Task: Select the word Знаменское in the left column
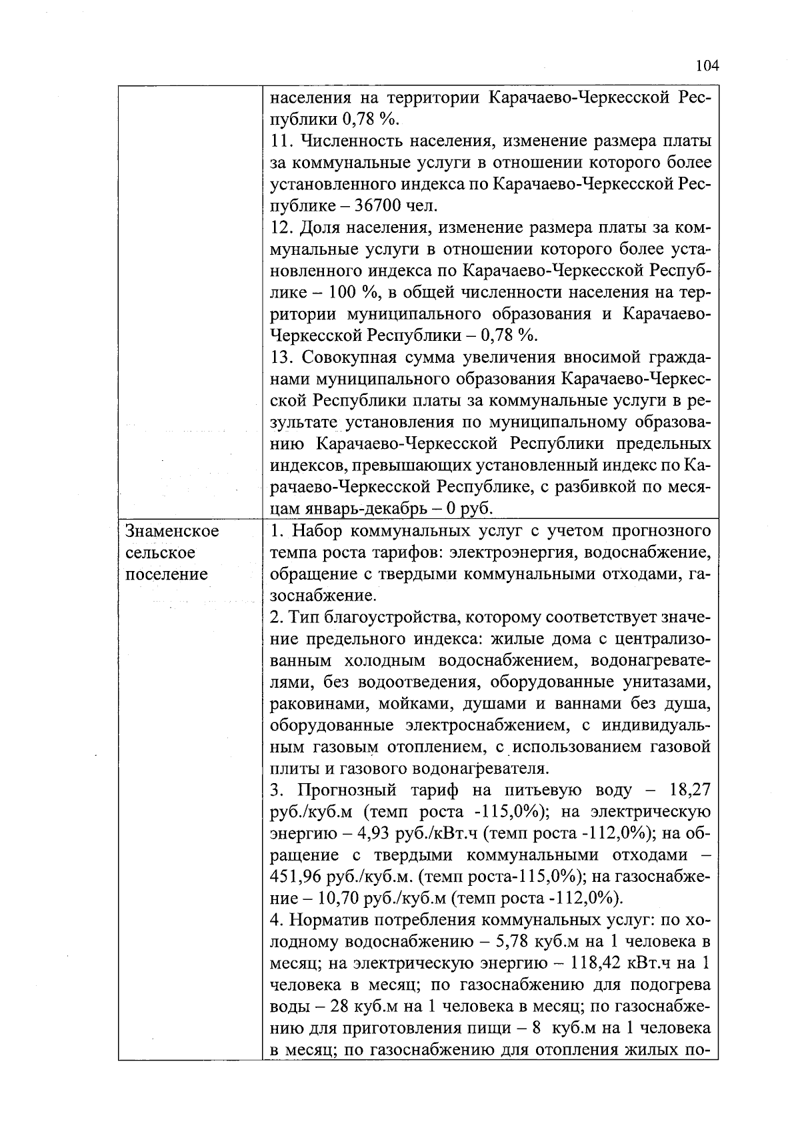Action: (x=172, y=531)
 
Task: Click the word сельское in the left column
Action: (x=161, y=553)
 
